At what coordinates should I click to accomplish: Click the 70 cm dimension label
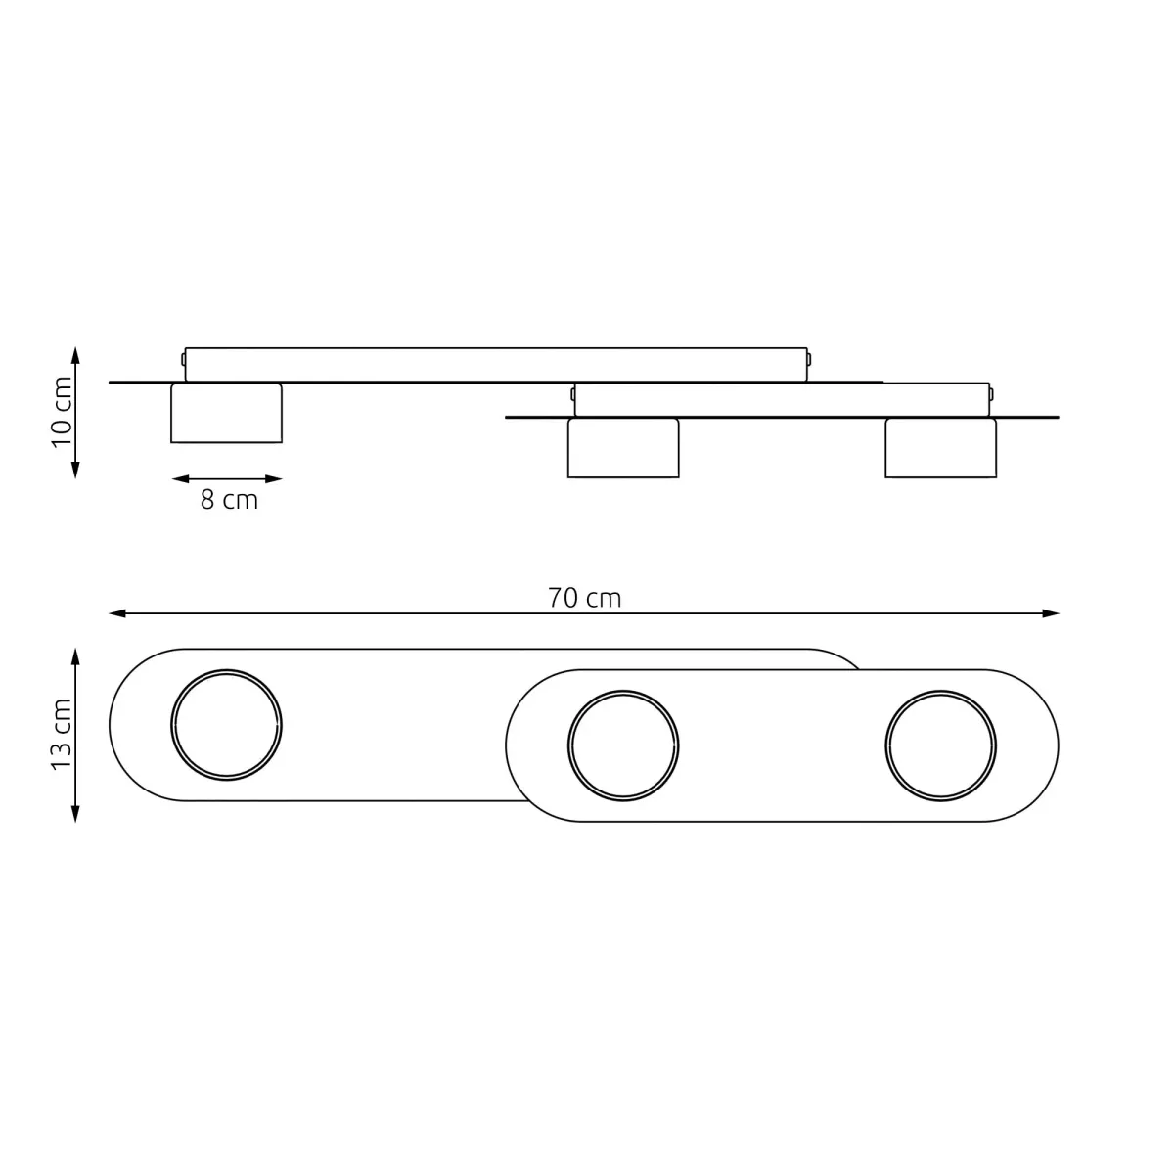(584, 598)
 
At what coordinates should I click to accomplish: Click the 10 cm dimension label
(63, 411)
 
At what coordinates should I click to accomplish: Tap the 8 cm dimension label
(229, 500)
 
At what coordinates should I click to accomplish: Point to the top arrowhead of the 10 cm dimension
(75, 353)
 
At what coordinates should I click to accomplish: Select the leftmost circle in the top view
(227, 724)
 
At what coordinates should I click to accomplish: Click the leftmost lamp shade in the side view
(227, 413)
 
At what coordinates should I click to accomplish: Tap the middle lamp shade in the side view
(623, 448)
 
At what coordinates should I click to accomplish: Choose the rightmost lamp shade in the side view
(940, 448)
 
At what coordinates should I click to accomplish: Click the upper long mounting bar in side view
(496, 363)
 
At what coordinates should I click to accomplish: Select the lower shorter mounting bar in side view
(782, 399)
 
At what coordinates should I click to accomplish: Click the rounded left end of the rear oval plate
(132, 724)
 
